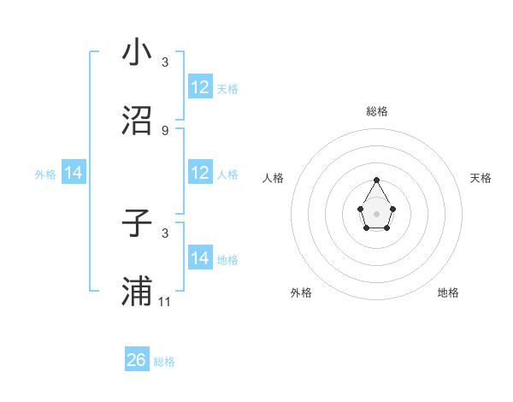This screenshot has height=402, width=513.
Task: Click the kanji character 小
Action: [137, 53]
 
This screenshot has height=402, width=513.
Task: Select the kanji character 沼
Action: [137, 121]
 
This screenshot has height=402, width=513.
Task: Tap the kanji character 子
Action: [137, 224]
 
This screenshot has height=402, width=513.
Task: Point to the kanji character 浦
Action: [137, 291]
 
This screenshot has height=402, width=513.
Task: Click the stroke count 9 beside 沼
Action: [165, 130]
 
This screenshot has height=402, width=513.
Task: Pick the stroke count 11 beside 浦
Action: [166, 301]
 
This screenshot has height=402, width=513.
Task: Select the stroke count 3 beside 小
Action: [165, 62]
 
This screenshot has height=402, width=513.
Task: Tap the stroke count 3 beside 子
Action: [165, 233]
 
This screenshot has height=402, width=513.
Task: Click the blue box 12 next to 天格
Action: [200, 87]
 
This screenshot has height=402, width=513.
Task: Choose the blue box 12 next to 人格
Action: [200, 173]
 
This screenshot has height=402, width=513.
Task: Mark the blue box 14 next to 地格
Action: [200, 258]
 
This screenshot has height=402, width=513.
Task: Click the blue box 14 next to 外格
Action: [74, 173]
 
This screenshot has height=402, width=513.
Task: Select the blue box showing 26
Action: [137, 360]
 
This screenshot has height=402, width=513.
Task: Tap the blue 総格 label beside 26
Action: [164, 362]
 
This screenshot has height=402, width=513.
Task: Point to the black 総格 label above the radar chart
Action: [376, 111]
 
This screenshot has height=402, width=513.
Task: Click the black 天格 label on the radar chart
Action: [481, 178]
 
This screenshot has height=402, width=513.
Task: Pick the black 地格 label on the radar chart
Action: [448, 293]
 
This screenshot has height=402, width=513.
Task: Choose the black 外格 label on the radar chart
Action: [301, 293]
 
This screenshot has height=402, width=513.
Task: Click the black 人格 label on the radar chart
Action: [274, 178]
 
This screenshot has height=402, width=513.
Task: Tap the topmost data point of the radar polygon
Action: [376, 180]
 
